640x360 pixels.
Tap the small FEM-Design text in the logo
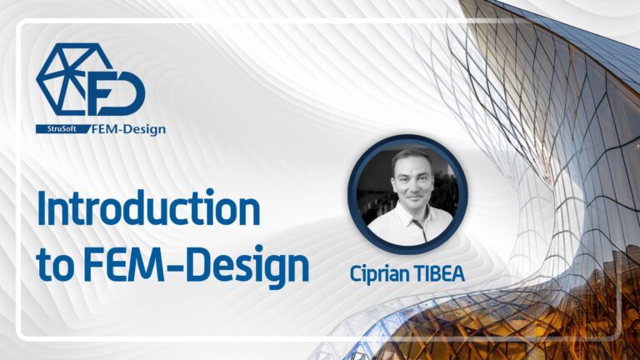(x=128, y=128)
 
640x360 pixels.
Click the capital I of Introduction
(x=42, y=209)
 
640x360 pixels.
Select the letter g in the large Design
(x=267, y=269)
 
